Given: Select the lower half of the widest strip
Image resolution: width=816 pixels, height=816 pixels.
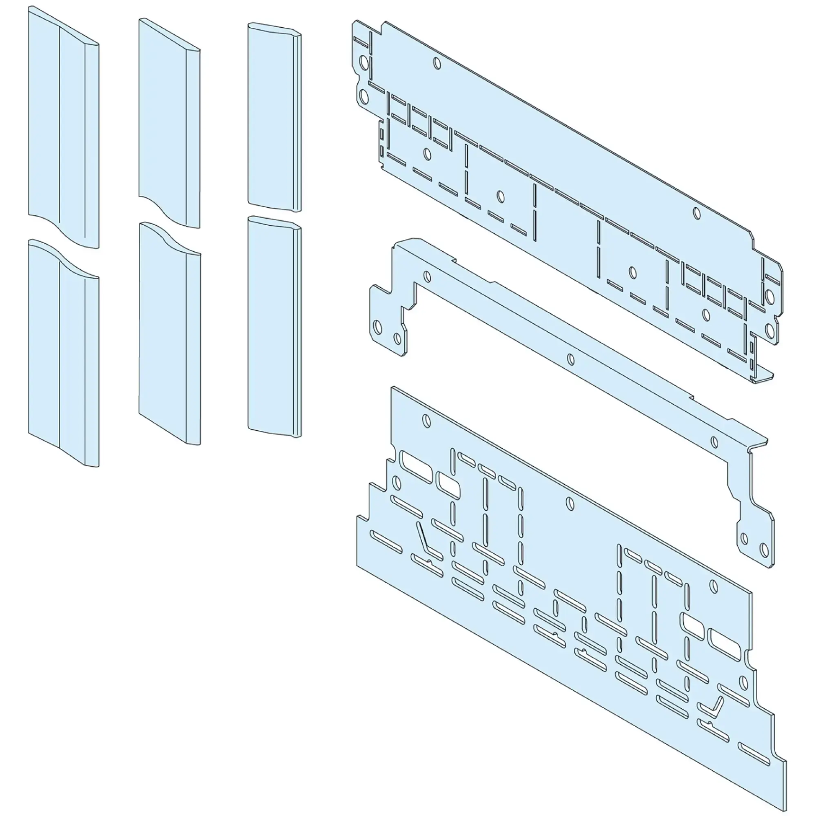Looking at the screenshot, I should (x=63, y=359).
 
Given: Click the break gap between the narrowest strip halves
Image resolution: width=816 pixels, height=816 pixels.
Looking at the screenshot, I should (x=275, y=213).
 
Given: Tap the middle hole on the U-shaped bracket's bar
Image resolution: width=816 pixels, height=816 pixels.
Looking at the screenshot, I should (x=571, y=359).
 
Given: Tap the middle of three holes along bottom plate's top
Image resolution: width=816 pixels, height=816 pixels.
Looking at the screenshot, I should (x=570, y=503).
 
